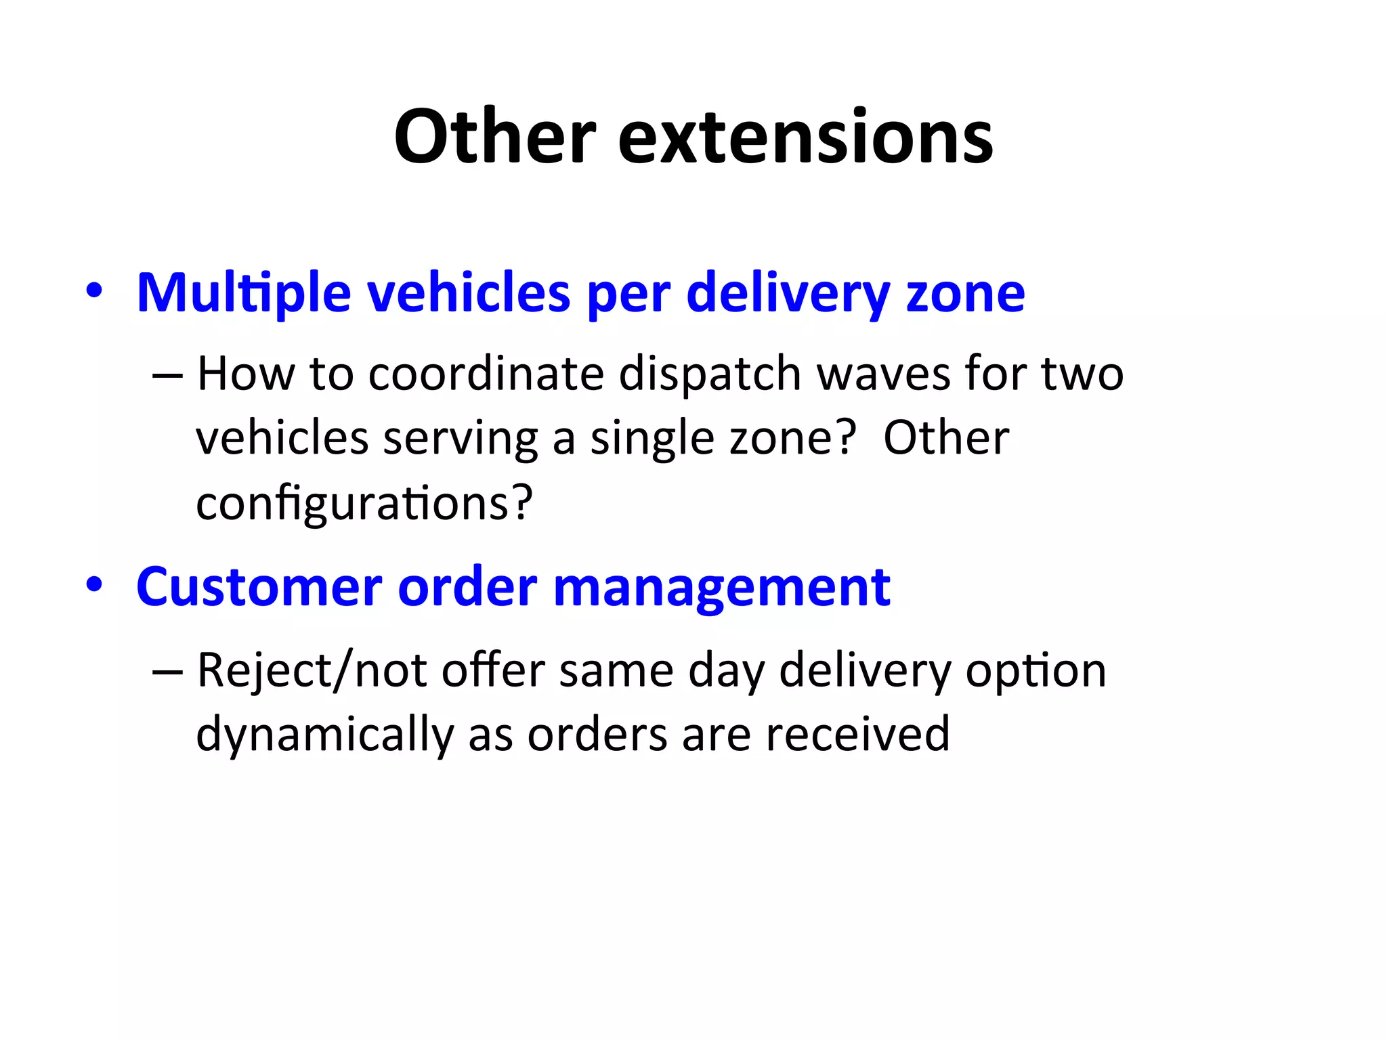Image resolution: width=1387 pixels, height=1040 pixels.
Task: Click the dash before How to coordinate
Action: pos(167,374)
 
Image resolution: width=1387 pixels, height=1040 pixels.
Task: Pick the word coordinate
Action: pos(486,374)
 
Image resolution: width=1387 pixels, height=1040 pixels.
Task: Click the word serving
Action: pos(461,439)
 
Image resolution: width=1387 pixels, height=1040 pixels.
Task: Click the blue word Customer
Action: pos(259,587)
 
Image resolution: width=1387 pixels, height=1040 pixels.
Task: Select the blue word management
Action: pos(721,587)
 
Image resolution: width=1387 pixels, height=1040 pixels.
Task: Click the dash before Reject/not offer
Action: pos(167,671)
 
